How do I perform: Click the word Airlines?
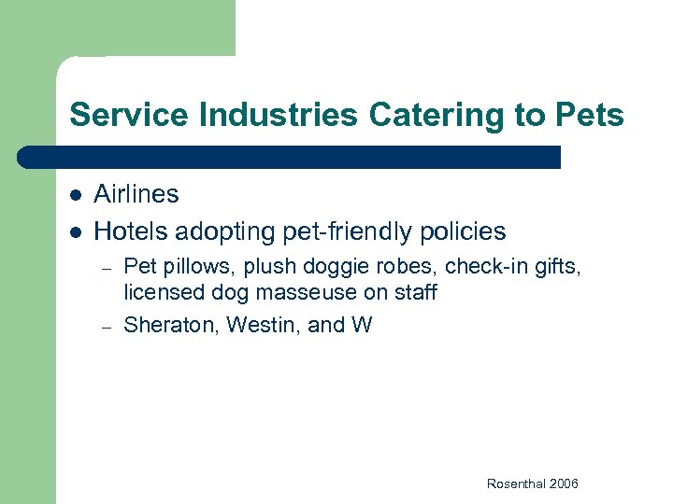coord(136,194)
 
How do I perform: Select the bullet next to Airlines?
coord(75,195)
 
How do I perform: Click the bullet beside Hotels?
coord(75,231)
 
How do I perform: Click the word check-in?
coord(482,268)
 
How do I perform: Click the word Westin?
coord(258,326)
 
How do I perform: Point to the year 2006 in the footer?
coord(565,483)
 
